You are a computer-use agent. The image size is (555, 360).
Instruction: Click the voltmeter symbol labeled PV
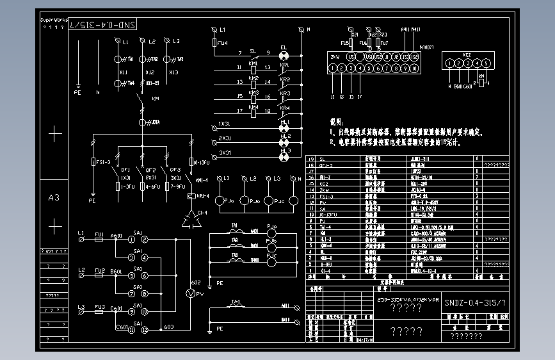click(189, 293)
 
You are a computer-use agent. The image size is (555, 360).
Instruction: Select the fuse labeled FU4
click(215, 43)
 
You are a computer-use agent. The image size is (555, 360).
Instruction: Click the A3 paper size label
click(54, 198)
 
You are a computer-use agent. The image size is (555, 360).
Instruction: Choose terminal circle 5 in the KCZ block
click(487, 63)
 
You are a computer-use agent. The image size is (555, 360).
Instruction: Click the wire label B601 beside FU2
click(116, 272)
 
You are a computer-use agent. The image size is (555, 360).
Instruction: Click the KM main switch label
click(155, 99)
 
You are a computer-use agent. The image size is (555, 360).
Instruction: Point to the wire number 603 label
click(168, 327)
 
